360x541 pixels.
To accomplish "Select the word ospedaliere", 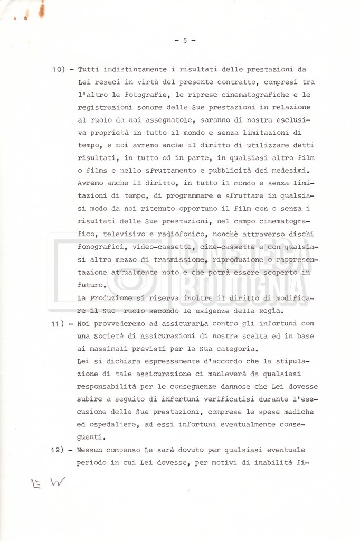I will (115, 425).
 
